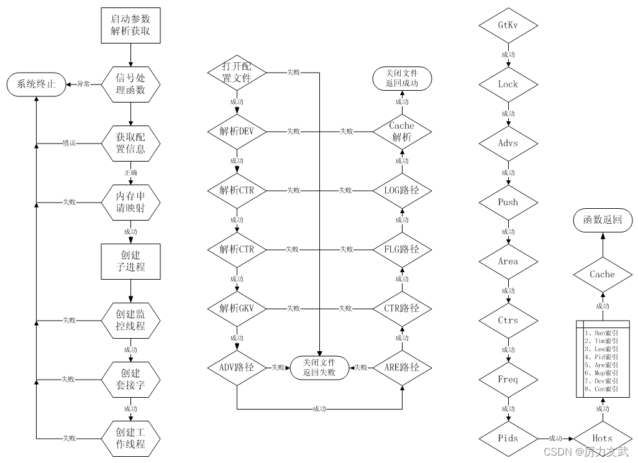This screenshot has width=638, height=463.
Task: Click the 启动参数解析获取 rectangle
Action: [130, 25]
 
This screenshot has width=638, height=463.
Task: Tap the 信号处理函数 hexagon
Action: [130, 84]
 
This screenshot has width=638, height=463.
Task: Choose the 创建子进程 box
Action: [130, 261]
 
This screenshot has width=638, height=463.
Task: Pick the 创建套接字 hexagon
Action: [130, 379]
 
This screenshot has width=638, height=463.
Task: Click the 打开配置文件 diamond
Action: [237, 72]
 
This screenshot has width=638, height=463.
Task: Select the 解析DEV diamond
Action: [237, 131]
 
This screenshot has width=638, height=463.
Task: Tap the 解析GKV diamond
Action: [237, 308]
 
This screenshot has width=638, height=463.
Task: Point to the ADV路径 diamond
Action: [237, 367]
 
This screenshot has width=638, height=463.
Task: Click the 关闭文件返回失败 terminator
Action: [319, 367]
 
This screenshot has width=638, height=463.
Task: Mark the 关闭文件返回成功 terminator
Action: [402, 78]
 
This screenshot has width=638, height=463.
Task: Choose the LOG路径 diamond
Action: [402, 190]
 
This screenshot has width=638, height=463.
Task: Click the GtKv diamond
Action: [508, 25]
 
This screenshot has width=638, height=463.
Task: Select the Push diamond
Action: [508, 203]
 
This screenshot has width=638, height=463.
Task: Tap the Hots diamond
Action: [602, 438]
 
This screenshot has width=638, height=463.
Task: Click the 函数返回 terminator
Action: [602, 220]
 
